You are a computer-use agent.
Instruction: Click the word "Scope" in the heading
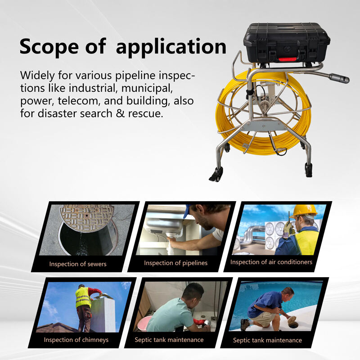tap(49, 47)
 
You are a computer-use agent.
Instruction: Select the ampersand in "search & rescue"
tap(120, 113)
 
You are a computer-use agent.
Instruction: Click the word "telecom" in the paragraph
tap(79, 101)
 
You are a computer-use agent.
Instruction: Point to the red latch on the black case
tap(288, 60)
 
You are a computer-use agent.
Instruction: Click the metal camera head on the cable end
tap(339, 78)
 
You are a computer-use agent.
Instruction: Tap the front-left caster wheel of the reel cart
tap(216, 175)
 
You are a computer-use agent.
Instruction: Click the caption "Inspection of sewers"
tap(78, 264)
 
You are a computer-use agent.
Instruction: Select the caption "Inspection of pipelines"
tap(175, 263)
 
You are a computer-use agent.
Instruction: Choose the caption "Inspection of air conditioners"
tap(271, 262)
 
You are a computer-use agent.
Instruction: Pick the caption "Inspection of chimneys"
tap(76, 340)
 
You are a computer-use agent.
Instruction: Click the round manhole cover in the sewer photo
tap(86, 218)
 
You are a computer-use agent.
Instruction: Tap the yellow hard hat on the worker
tap(303, 211)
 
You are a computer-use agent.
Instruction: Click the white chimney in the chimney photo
tap(103, 314)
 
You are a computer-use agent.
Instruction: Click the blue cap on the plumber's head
tap(187, 211)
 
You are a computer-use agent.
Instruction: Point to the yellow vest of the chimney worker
tap(83, 297)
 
